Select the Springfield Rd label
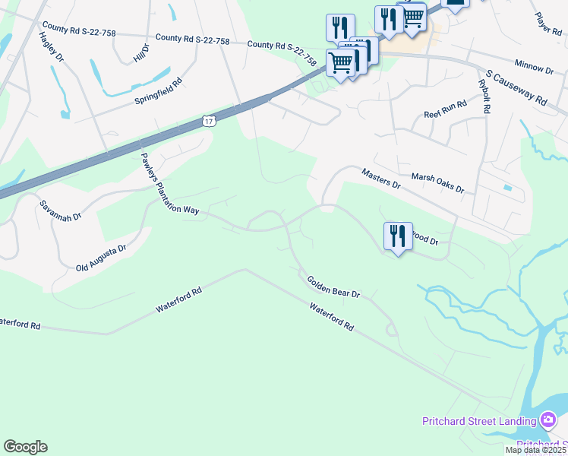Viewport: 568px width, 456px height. (x=159, y=91)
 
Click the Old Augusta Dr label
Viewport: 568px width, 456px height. (x=101, y=258)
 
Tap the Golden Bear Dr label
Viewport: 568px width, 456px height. (x=333, y=287)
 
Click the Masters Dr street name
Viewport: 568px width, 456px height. (x=380, y=179)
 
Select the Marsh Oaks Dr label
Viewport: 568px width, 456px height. (x=437, y=182)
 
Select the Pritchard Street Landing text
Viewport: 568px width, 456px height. (x=479, y=421)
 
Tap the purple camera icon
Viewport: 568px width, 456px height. (x=548, y=420)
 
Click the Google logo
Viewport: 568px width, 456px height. (x=25, y=447)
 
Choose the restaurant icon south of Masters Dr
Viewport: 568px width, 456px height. (x=398, y=236)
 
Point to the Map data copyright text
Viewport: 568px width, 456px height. (x=536, y=450)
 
